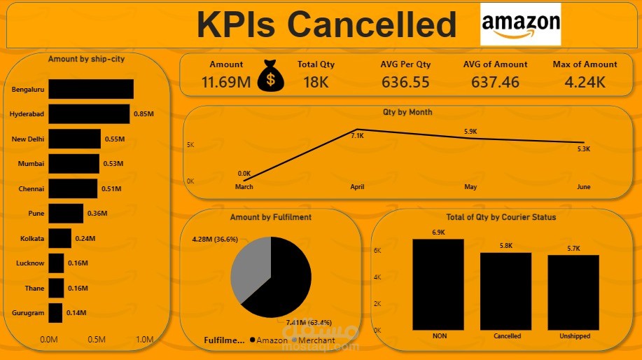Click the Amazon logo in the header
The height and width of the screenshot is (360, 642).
pyautogui.click(x=520, y=25)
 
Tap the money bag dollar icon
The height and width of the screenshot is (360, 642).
pyautogui.click(x=271, y=76)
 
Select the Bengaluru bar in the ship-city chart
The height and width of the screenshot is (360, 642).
pyautogui.click(x=91, y=89)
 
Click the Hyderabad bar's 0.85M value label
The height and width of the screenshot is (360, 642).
pyautogui.click(x=144, y=114)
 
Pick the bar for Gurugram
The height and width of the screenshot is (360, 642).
pyautogui.click(x=55, y=313)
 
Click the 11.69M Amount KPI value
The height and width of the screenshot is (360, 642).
pyautogui.click(x=226, y=82)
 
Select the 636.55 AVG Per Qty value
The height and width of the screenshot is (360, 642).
pyautogui.click(x=405, y=82)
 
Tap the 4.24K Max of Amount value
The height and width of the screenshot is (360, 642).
pyautogui.click(x=585, y=82)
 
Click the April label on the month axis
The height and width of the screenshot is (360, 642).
pyautogui.click(x=357, y=187)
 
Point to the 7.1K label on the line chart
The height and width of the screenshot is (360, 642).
pyautogui.click(x=357, y=136)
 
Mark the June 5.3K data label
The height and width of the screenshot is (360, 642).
pyautogui.click(x=583, y=149)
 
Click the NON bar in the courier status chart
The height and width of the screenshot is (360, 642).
pyautogui.click(x=439, y=284)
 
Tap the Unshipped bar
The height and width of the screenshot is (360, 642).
pyautogui.click(x=574, y=291)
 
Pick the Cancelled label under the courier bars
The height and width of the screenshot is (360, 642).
pyautogui.click(x=507, y=336)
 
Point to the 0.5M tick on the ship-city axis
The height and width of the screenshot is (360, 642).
pyautogui.click(x=97, y=340)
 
